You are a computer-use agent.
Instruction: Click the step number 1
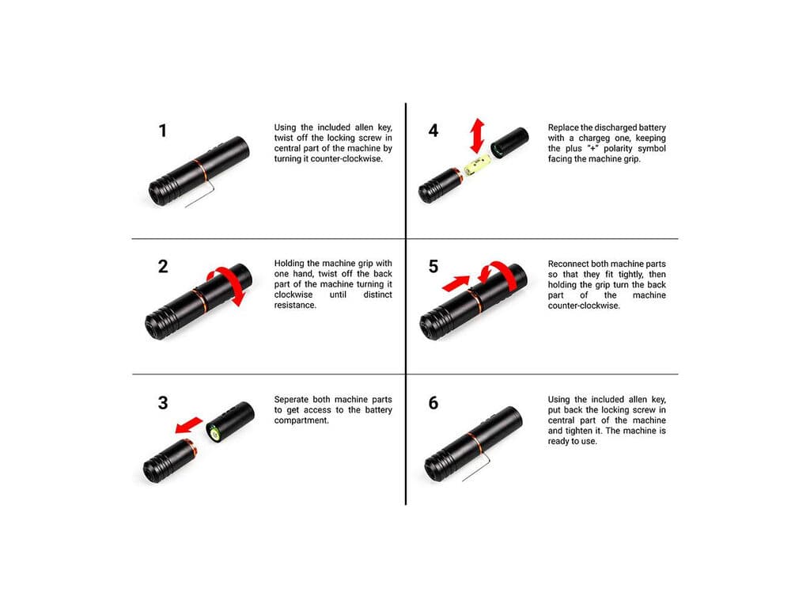pos(163,131)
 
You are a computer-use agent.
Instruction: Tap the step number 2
pos(163,266)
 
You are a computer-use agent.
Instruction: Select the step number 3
pos(163,403)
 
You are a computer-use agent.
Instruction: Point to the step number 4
pos(433,131)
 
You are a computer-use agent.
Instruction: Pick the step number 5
pos(433,266)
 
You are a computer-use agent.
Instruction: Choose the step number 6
pos(433,403)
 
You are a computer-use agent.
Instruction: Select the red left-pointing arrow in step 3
pos(188,425)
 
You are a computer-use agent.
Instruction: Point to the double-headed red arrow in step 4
pos(477,136)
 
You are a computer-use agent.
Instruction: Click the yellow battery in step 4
pos(477,165)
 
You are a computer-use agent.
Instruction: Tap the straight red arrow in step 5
pos(456,283)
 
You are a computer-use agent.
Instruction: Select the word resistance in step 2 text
pos(295,305)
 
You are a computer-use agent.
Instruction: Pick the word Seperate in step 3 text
pos(291,400)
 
